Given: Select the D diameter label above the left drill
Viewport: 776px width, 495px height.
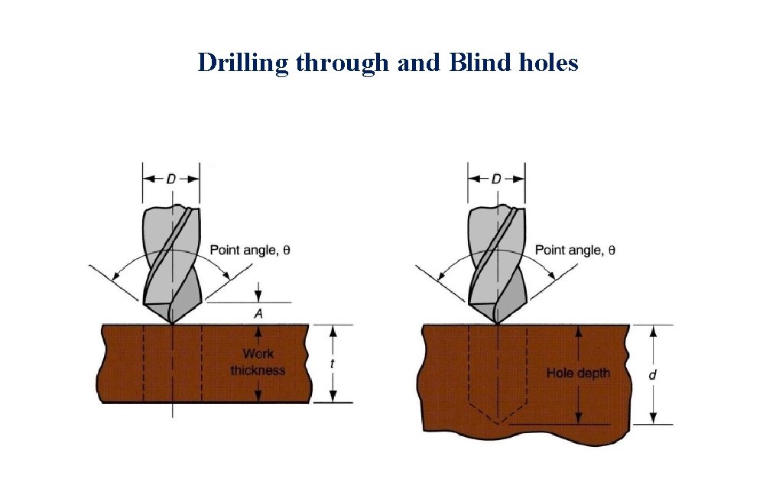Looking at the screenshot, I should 171,179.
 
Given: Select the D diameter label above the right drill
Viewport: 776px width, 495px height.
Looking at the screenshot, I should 496,179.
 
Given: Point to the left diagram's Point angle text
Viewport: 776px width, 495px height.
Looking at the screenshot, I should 250,250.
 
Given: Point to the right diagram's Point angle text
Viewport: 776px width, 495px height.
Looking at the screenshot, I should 575,250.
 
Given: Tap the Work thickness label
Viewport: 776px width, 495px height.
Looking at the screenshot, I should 258,362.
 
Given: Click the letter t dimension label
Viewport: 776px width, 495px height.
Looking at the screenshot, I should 332,364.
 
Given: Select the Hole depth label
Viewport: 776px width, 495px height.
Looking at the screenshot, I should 578,373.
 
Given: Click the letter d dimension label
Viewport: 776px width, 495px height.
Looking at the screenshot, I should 651,374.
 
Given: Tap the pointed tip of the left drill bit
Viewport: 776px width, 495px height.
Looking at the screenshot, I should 173,322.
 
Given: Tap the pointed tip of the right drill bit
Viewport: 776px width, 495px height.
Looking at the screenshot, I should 498,322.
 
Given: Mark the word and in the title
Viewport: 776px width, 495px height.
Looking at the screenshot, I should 418,63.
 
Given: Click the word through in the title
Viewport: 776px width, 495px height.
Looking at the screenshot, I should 342,63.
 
